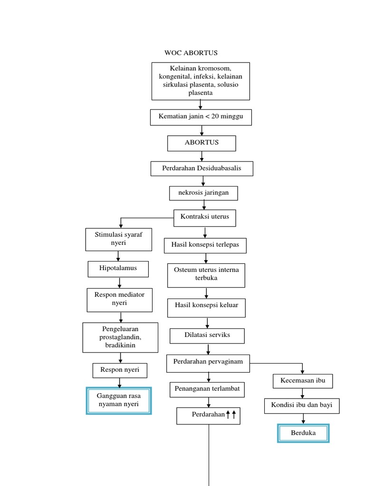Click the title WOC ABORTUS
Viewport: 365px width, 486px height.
[x=191, y=53]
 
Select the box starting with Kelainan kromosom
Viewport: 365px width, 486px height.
[x=201, y=81]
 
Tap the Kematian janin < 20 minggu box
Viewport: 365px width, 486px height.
[x=201, y=117]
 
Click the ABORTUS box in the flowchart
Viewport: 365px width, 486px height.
[x=202, y=143]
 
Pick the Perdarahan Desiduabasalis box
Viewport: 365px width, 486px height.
[x=202, y=168]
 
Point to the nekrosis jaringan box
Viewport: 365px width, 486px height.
[x=203, y=193]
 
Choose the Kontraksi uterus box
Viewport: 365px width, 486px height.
[x=204, y=217]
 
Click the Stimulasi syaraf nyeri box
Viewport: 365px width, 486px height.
[x=118, y=239]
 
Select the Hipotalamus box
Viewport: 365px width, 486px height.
[x=118, y=269]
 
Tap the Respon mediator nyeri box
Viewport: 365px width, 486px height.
[x=119, y=299]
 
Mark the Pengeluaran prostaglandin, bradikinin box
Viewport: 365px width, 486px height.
[x=120, y=337]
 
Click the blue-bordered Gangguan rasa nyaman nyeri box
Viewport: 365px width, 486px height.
[x=119, y=401]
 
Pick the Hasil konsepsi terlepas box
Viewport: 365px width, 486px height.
[x=205, y=245]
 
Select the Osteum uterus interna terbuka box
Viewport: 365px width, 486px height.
[x=206, y=275]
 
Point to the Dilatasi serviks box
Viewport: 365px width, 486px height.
[x=207, y=336]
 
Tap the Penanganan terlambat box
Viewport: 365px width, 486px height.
[x=208, y=389]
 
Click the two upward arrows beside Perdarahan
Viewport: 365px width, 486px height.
[x=231, y=415]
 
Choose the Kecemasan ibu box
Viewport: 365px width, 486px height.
[x=303, y=381]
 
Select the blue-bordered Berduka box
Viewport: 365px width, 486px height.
[x=303, y=434]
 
